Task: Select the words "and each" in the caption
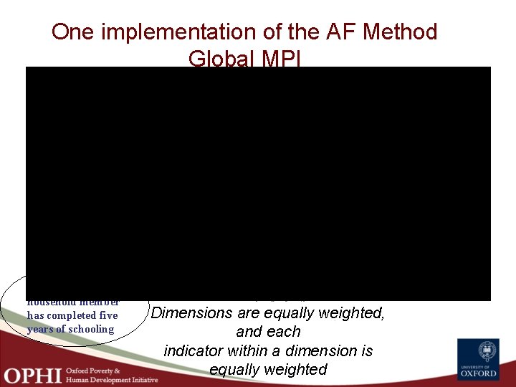(268, 332)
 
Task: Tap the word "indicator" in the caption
(195, 351)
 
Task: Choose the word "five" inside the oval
(109, 316)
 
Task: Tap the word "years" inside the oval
(42, 329)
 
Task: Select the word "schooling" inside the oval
(89, 329)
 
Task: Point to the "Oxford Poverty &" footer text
(93, 370)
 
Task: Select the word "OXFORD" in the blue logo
(479, 373)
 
